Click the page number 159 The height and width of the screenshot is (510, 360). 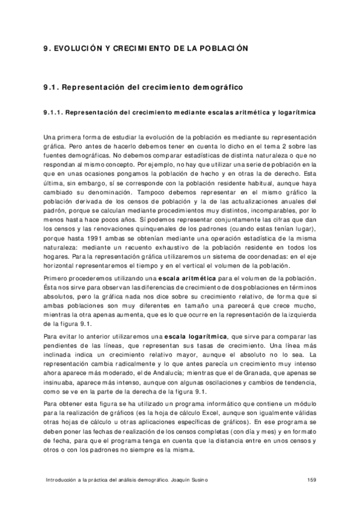click(x=311, y=479)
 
